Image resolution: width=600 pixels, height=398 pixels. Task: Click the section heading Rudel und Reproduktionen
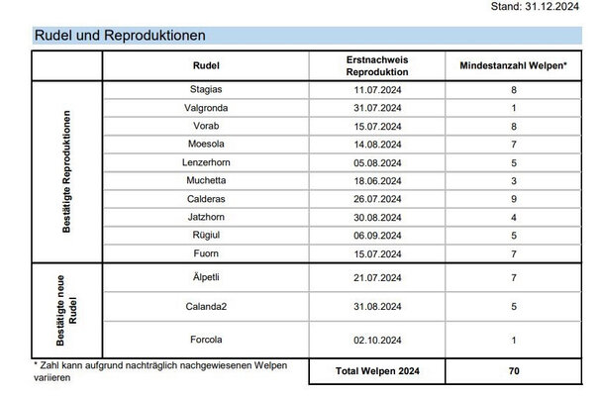(x=120, y=36)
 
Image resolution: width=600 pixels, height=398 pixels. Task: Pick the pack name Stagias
(x=206, y=90)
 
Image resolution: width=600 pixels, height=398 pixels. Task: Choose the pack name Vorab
(x=206, y=126)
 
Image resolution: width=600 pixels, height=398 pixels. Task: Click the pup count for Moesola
(x=512, y=145)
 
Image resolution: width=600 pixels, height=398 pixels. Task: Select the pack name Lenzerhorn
(x=206, y=162)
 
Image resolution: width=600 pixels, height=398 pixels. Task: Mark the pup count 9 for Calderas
(x=512, y=199)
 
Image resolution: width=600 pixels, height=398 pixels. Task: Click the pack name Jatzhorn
(x=206, y=217)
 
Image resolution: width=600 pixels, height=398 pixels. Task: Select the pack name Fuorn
(x=206, y=253)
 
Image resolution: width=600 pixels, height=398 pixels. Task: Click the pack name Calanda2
(x=206, y=307)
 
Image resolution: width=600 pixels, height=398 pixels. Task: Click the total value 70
(x=512, y=372)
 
